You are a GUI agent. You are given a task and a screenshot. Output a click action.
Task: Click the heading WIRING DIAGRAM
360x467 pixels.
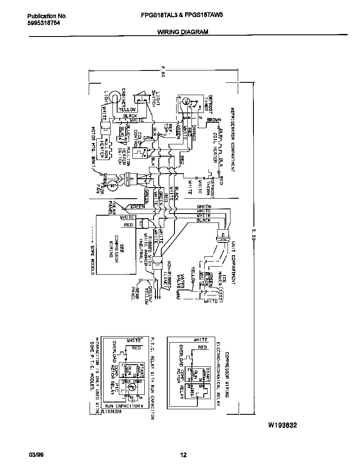(x=183, y=32)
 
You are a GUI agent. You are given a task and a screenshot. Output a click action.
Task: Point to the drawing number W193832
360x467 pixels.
(x=282, y=425)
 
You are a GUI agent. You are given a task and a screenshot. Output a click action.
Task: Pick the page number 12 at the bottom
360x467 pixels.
(x=183, y=455)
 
